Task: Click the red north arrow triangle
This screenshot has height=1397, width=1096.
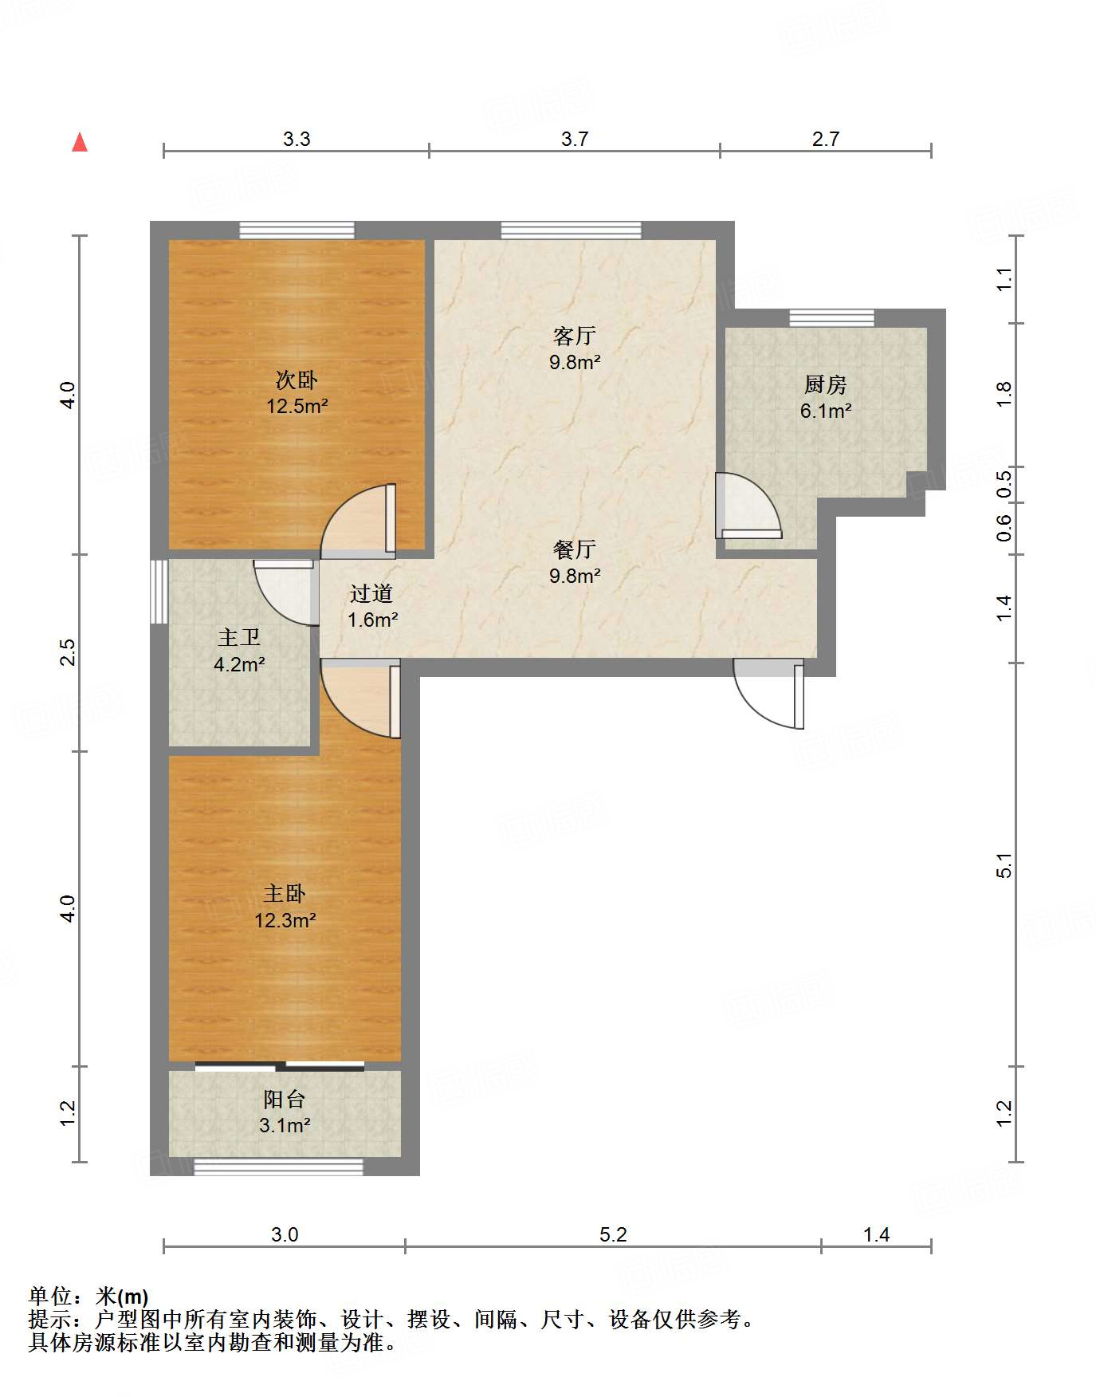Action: tap(80, 142)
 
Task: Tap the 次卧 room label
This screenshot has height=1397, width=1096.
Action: tap(297, 380)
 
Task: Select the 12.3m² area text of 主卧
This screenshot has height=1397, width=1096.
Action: tap(285, 920)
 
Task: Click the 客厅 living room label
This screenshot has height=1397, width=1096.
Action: tap(574, 336)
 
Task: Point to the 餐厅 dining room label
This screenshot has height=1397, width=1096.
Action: tap(574, 549)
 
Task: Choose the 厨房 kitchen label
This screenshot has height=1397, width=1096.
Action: tap(825, 385)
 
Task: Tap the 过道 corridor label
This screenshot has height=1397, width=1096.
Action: tap(371, 593)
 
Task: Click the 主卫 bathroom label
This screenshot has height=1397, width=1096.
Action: tap(239, 637)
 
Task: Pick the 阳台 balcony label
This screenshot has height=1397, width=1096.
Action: tap(285, 1100)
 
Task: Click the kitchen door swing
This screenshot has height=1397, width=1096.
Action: tap(748, 506)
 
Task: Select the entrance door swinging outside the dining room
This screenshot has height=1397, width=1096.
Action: tap(768, 693)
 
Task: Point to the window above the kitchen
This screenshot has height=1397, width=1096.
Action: tap(831, 318)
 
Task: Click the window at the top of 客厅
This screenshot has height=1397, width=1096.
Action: tap(571, 230)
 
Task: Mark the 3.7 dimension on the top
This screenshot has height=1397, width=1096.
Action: tap(574, 140)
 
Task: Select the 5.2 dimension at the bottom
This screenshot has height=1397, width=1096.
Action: tap(613, 1235)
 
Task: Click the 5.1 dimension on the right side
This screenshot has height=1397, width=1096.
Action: tap(1004, 865)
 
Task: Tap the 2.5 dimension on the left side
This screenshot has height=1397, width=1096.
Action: tap(69, 652)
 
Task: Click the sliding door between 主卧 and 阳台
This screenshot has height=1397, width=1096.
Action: tap(280, 1066)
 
